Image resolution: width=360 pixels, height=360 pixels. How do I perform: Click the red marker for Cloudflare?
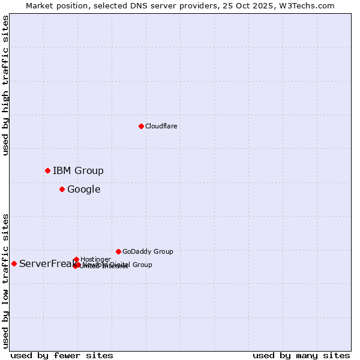point(141,126)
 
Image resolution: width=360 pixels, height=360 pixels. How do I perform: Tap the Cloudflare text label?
point(161,126)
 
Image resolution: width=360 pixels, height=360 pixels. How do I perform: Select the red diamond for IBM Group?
point(47,170)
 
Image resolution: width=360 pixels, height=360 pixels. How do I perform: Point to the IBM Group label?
point(78,171)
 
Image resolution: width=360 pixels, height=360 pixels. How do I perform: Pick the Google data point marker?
point(62,190)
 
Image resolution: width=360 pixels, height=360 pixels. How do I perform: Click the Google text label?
point(83,190)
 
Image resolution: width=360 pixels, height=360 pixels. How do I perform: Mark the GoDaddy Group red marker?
point(118,251)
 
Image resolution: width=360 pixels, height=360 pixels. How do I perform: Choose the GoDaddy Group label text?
point(148,252)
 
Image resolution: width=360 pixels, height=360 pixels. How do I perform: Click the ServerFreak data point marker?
point(14,263)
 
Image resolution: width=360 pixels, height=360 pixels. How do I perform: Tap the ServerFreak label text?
point(46,264)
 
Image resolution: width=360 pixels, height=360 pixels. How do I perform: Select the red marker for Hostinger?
point(76,259)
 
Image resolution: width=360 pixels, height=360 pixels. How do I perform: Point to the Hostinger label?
point(95,259)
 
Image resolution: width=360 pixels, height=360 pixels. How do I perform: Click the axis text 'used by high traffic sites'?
point(6,86)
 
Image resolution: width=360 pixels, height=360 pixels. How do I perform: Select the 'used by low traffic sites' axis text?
point(6,280)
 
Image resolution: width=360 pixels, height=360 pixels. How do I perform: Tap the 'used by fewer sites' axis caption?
point(62,355)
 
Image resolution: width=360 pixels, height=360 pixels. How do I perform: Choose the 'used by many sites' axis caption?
point(301,355)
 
